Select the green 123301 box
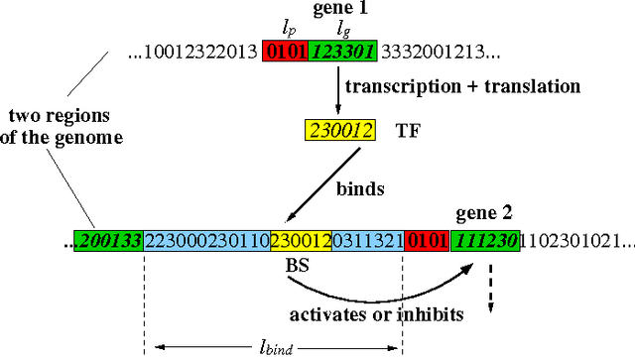pos(344,53)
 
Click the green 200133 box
pos(110,241)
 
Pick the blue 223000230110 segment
pos(206,241)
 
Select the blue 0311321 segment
pos(366,241)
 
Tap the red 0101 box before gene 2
pos(424,241)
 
